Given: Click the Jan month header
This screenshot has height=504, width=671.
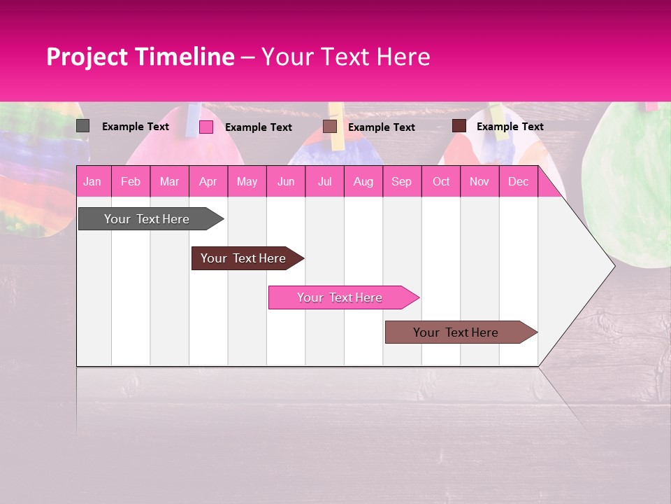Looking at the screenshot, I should [92, 181].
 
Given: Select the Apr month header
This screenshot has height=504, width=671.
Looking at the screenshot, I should [208, 181].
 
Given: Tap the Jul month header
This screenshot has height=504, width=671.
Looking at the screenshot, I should [324, 181].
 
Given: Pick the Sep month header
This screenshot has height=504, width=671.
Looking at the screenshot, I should [401, 181].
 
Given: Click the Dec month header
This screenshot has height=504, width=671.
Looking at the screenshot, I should [518, 181].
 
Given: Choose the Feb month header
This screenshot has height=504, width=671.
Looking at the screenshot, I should [131, 181].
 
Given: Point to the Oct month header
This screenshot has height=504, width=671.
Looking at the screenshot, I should [441, 181].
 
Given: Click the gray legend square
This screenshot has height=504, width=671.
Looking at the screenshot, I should [82, 126].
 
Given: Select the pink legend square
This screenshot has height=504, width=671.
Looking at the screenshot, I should [206, 127].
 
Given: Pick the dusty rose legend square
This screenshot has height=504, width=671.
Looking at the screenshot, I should [330, 127].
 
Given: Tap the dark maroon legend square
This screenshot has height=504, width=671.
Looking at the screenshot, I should [459, 126].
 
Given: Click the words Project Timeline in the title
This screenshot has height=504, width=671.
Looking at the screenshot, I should [140, 57].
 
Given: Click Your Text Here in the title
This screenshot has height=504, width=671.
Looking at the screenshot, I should [345, 57].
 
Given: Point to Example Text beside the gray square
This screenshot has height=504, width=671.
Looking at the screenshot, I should [136, 127].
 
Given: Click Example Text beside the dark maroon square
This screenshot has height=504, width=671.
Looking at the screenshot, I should [510, 127].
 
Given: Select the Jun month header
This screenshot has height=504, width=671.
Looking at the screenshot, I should [286, 181].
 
